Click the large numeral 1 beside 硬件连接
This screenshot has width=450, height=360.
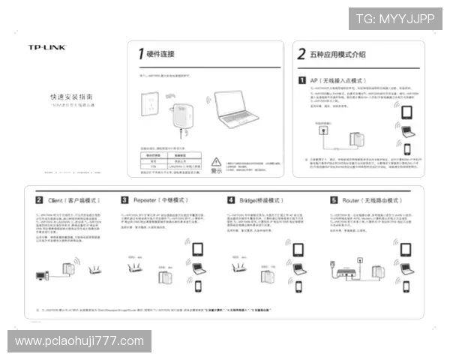[x=140, y=53]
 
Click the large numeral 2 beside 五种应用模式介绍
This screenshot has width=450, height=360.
[x=301, y=54]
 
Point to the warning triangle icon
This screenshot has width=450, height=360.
[x=217, y=161]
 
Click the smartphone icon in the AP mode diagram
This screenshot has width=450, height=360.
[x=407, y=147]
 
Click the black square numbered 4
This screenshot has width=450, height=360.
[x=231, y=201]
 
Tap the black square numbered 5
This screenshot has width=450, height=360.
[x=334, y=201]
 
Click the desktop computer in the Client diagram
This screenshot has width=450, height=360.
[x=42, y=276]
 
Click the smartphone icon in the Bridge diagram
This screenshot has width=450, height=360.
[x=299, y=286]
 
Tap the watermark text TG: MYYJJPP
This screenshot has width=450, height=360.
[x=395, y=19]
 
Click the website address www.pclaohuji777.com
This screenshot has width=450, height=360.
[x=79, y=341]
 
